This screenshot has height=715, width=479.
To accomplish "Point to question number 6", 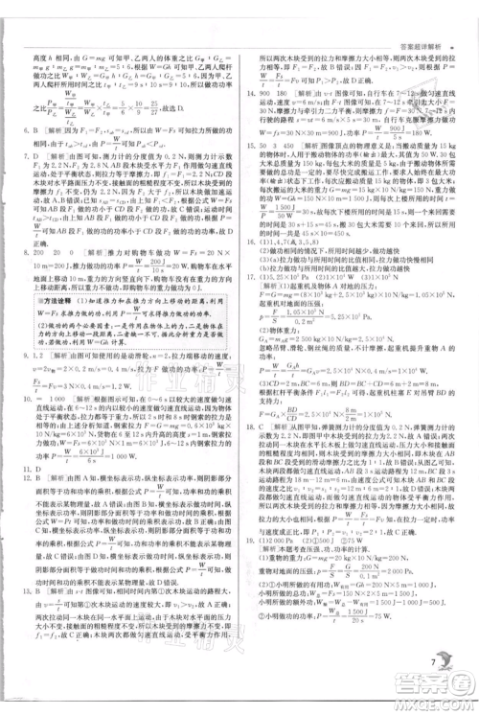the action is coord(32,131).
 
